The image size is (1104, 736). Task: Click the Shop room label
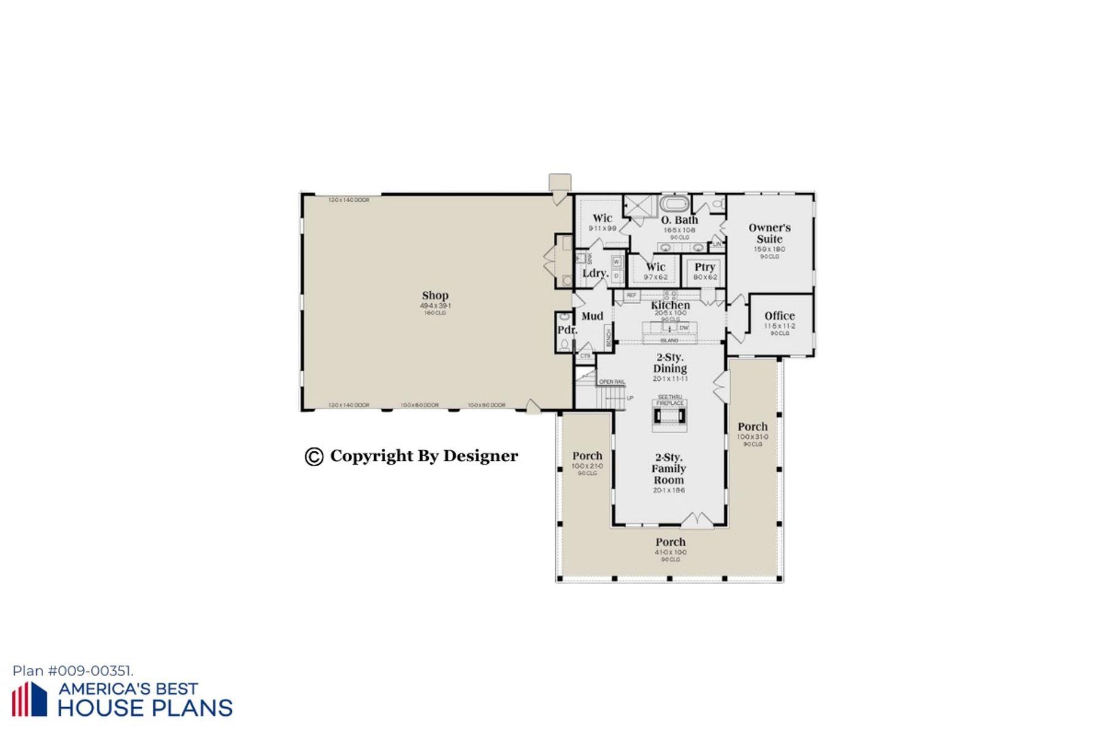pyautogui.click(x=435, y=295)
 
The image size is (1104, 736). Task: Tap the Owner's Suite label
pyautogui.click(x=769, y=233)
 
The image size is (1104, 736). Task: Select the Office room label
pyautogui.click(x=779, y=316)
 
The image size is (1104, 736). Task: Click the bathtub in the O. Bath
pyautogui.click(x=675, y=204)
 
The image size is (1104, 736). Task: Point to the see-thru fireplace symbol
pyautogui.click(x=670, y=416)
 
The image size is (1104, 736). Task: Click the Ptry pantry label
pyautogui.click(x=705, y=267)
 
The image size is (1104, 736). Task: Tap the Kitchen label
pyautogui.click(x=670, y=305)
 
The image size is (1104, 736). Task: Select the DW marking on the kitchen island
pyautogui.click(x=684, y=328)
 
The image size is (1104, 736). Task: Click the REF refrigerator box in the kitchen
pyautogui.click(x=631, y=296)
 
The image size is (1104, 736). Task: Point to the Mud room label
pyautogui.click(x=592, y=316)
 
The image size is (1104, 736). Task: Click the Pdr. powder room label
pyautogui.click(x=567, y=330)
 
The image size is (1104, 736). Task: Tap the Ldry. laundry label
pyautogui.click(x=595, y=273)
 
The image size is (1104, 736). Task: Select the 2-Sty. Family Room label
pyautogui.click(x=669, y=469)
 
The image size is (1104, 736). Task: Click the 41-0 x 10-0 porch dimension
pyautogui.click(x=670, y=552)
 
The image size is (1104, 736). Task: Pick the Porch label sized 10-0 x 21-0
pyautogui.click(x=587, y=456)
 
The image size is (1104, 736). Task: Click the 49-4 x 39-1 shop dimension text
pyautogui.click(x=435, y=305)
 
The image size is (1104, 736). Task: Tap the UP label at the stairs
pyautogui.click(x=630, y=398)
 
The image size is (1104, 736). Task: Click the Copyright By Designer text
pyautogui.click(x=423, y=456)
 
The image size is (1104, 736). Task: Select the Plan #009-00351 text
pyautogui.click(x=72, y=671)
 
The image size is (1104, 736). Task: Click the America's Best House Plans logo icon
pyautogui.click(x=29, y=699)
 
